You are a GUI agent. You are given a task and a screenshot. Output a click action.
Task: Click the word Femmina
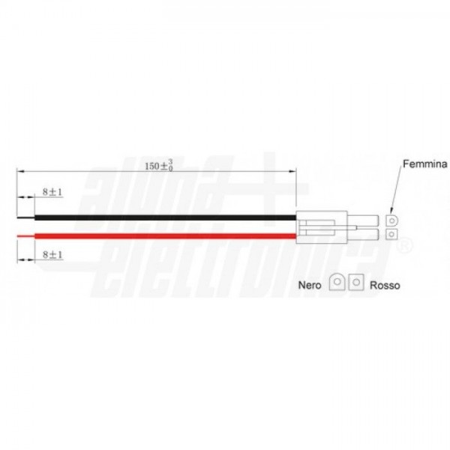click(x=424, y=163)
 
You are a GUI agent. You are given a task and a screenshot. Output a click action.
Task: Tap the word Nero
click(x=310, y=285)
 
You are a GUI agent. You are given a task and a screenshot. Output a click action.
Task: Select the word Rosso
click(x=385, y=285)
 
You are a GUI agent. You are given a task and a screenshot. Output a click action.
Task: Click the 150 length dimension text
click(x=159, y=166)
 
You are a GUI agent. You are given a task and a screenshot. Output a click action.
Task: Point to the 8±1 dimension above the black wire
click(x=52, y=192)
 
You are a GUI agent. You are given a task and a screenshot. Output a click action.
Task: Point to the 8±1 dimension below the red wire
click(x=52, y=254)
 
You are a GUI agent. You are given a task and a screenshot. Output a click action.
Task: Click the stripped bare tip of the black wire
click(x=25, y=217)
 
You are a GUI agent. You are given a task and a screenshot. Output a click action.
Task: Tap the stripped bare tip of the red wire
click(x=25, y=236)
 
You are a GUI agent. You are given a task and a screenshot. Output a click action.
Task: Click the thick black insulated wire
click(x=165, y=217)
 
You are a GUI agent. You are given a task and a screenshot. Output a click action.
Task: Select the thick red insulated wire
click(x=165, y=236)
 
